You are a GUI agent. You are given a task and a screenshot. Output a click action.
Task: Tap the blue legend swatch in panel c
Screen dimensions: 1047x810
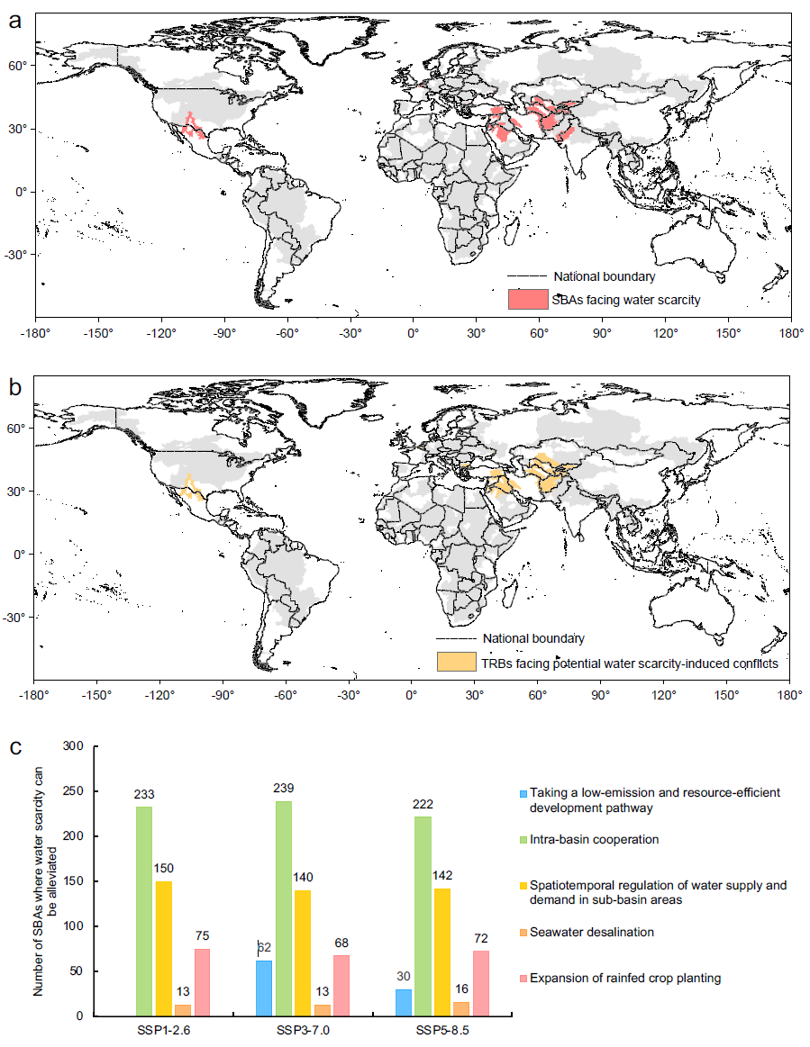[x=523, y=793]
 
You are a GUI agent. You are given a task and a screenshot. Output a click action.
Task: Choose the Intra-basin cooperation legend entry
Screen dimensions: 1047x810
[x=595, y=840]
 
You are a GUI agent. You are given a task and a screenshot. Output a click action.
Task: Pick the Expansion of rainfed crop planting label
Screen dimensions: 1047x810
[x=625, y=978]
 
